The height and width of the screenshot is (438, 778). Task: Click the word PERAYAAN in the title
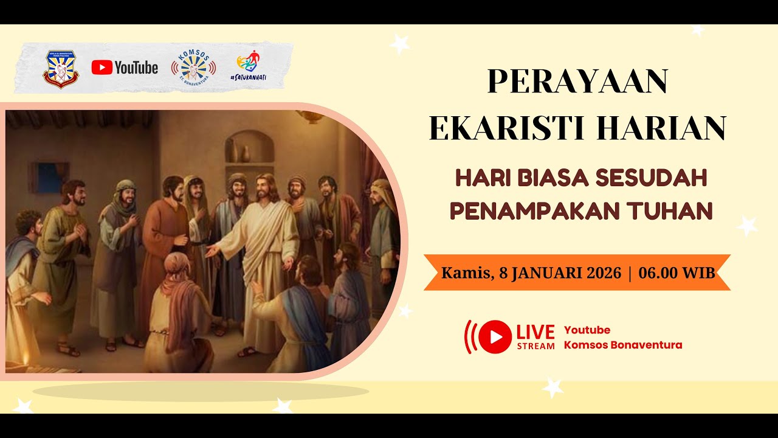[577, 82]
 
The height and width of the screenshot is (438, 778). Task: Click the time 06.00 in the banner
[658, 273]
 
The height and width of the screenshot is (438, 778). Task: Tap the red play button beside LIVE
[494, 336]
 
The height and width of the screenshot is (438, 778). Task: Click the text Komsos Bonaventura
[623, 345]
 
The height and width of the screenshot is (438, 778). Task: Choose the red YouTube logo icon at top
[102, 68]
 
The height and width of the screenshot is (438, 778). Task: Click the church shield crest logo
[60, 69]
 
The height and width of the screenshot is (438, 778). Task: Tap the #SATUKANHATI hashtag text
[249, 78]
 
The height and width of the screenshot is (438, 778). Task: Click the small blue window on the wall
[50, 177]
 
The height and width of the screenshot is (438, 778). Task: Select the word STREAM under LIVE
[535, 346]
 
